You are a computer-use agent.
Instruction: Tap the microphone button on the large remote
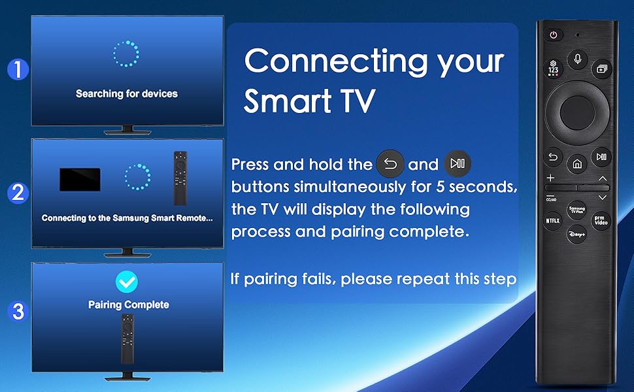577,59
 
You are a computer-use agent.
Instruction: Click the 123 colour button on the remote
554,68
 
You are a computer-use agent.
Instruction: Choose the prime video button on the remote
601,220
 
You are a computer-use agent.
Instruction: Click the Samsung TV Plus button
577,208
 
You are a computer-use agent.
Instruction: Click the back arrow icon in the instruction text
390,164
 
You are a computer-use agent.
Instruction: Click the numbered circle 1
18,69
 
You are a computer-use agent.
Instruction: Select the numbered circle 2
18,193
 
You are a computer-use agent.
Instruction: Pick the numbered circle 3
18,312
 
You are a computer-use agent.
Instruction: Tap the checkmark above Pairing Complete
127,282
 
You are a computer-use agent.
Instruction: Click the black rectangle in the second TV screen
80,180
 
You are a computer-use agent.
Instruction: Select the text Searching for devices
127,93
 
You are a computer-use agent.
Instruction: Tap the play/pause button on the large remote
601,156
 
